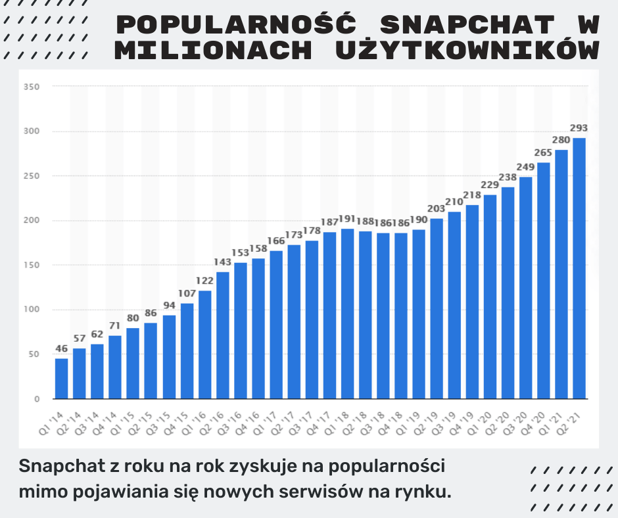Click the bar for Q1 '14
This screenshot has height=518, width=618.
pos(62,378)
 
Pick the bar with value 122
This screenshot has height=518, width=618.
pos(205,344)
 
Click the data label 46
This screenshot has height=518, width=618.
pos(62,348)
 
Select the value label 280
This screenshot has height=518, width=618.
pos(561,140)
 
